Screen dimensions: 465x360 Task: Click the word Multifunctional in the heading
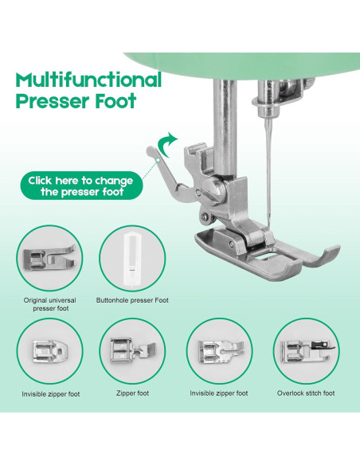point(88,80)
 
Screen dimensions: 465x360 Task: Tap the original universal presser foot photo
point(49,258)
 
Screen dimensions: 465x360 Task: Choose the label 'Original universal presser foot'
point(49,305)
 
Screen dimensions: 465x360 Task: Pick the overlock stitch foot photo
point(305,351)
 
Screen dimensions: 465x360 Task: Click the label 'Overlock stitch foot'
point(306,393)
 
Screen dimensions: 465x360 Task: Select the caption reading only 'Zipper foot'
point(132,393)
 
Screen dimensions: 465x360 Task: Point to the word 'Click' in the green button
point(42,181)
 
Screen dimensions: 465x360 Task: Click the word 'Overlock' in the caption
point(292,393)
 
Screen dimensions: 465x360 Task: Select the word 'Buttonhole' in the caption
point(116,300)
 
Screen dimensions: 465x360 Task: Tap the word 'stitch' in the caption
point(316,393)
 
